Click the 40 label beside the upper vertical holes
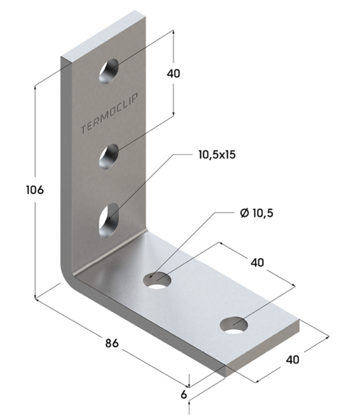(173, 74)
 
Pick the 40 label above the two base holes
(257, 262)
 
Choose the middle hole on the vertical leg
(109, 156)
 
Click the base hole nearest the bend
(158, 280)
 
